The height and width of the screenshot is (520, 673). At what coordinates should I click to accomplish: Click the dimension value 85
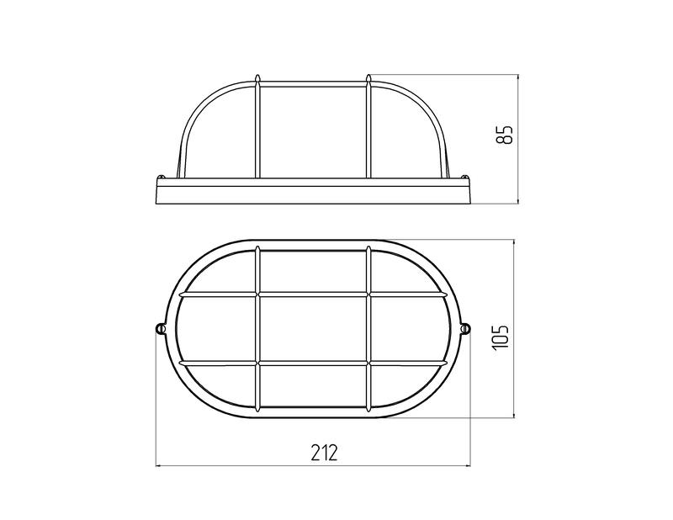pyautogui.click(x=506, y=135)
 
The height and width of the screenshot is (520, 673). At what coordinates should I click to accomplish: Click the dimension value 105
pyautogui.click(x=501, y=337)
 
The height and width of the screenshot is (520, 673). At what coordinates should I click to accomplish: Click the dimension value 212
pyautogui.click(x=324, y=452)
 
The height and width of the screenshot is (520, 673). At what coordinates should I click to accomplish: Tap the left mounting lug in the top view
pyautogui.click(x=160, y=329)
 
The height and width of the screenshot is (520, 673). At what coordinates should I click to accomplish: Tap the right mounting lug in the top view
pyautogui.click(x=466, y=329)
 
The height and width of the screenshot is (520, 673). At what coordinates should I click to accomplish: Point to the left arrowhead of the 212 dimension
pyautogui.click(x=158, y=465)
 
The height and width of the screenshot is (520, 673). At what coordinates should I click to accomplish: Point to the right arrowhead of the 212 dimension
pyautogui.click(x=468, y=465)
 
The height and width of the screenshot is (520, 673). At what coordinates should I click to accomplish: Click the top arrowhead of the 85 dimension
pyautogui.click(x=518, y=78)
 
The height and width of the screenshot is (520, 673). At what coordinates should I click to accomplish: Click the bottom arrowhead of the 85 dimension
pyautogui.click(x=518, y=200)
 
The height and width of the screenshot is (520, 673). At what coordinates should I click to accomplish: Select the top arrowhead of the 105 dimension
pyautogui.click(x=514, y=243)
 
